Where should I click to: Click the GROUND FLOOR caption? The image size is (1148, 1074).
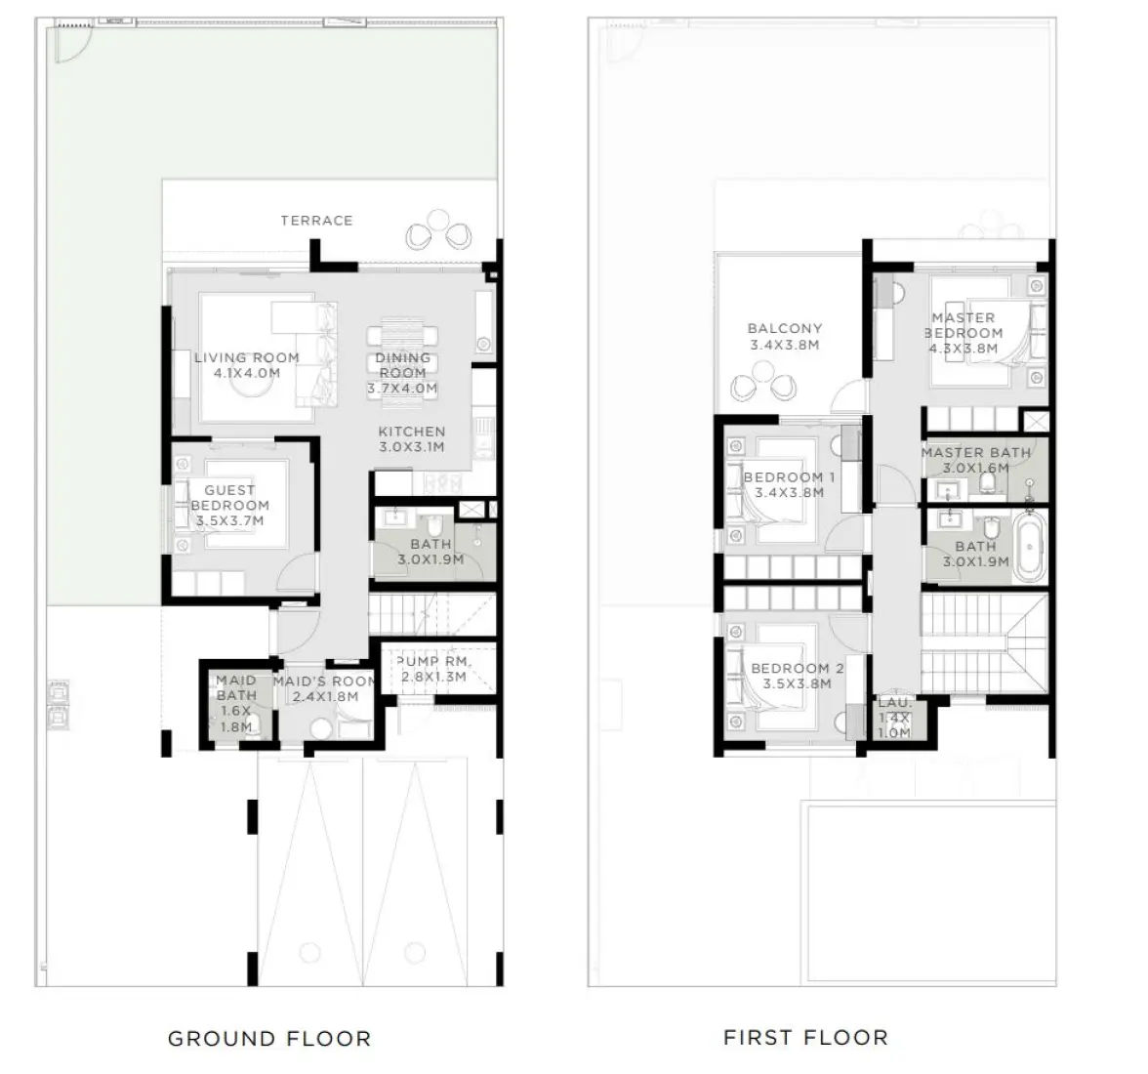(x=269, y=1039)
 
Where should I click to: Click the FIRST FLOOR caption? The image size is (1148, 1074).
(x=805, y=1037)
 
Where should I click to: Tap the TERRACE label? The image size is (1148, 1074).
(x=316, y=221)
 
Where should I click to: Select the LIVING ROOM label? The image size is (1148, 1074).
(x=246, y=357)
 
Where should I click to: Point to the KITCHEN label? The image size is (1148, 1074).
(x=412, y=432)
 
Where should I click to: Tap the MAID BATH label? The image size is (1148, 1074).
(x=236, y=687)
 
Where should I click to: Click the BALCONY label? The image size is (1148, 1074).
(x=785, y=329)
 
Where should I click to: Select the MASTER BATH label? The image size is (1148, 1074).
(x=975, y=453)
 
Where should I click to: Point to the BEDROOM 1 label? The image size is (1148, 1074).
(x=789, y=477)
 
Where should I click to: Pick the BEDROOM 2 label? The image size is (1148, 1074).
(x=797, y=669)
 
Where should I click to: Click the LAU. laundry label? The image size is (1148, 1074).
(x=893, y=703)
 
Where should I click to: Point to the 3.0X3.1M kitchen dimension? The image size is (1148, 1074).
(x=412, y=447)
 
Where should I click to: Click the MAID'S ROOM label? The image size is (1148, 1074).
(x=324, y=682)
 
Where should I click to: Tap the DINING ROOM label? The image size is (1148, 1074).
(x=402, y=365)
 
